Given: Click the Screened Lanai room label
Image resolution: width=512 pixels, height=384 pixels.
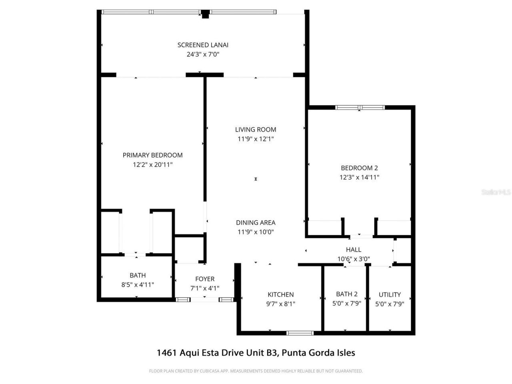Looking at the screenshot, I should pos(203,45).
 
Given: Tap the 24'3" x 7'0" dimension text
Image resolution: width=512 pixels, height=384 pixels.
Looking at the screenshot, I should pos(203,55).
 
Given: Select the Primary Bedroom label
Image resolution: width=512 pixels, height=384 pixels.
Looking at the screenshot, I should pos(152,155).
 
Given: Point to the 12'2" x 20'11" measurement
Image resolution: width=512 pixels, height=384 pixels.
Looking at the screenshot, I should pos(152,164).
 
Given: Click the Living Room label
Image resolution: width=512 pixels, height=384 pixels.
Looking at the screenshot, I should pos(256,130).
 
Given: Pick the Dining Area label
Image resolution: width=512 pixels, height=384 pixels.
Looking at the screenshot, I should pos(256,223).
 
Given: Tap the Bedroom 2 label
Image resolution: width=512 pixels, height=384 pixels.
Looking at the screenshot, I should pos(359,168).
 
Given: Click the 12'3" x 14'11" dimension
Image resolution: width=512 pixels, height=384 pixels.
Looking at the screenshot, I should pos(359,177).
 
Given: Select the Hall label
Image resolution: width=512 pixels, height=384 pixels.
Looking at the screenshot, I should pos(354,250).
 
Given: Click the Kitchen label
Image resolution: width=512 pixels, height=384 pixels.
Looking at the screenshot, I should pos(280,294).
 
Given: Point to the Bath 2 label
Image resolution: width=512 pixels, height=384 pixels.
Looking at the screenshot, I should pos(347,294).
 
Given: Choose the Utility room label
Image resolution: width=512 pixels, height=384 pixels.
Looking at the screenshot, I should pos(390,295).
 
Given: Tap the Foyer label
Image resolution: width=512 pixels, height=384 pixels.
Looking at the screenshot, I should pos(205,279).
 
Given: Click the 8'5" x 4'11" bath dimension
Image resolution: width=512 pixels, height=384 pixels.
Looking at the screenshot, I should pos(138,284).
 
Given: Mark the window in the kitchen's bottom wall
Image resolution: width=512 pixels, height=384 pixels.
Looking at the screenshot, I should pos(300,332).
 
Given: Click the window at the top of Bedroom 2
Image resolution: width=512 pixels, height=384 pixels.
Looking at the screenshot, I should pos(360,107).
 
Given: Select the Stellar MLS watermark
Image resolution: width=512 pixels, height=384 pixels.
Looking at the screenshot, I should pos(496,192).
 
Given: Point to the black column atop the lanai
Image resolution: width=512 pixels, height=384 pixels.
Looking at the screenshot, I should pos(205,14).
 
